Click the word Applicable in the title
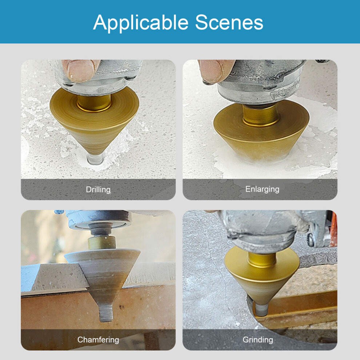point(141,23)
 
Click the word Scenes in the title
point(229,22)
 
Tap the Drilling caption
point(98,190)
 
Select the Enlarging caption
point(262,189)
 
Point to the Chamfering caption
point(98,340)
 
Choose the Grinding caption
point(258,340)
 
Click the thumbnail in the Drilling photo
point(81,70)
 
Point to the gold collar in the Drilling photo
point(94,103)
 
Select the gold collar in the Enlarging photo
point(261,115)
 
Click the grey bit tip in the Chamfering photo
point(106,313)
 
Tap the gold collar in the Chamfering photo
point(101,243)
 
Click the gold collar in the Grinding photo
point(262,260)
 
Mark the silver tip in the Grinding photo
point(261,310)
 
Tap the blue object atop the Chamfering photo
point(59,212)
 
